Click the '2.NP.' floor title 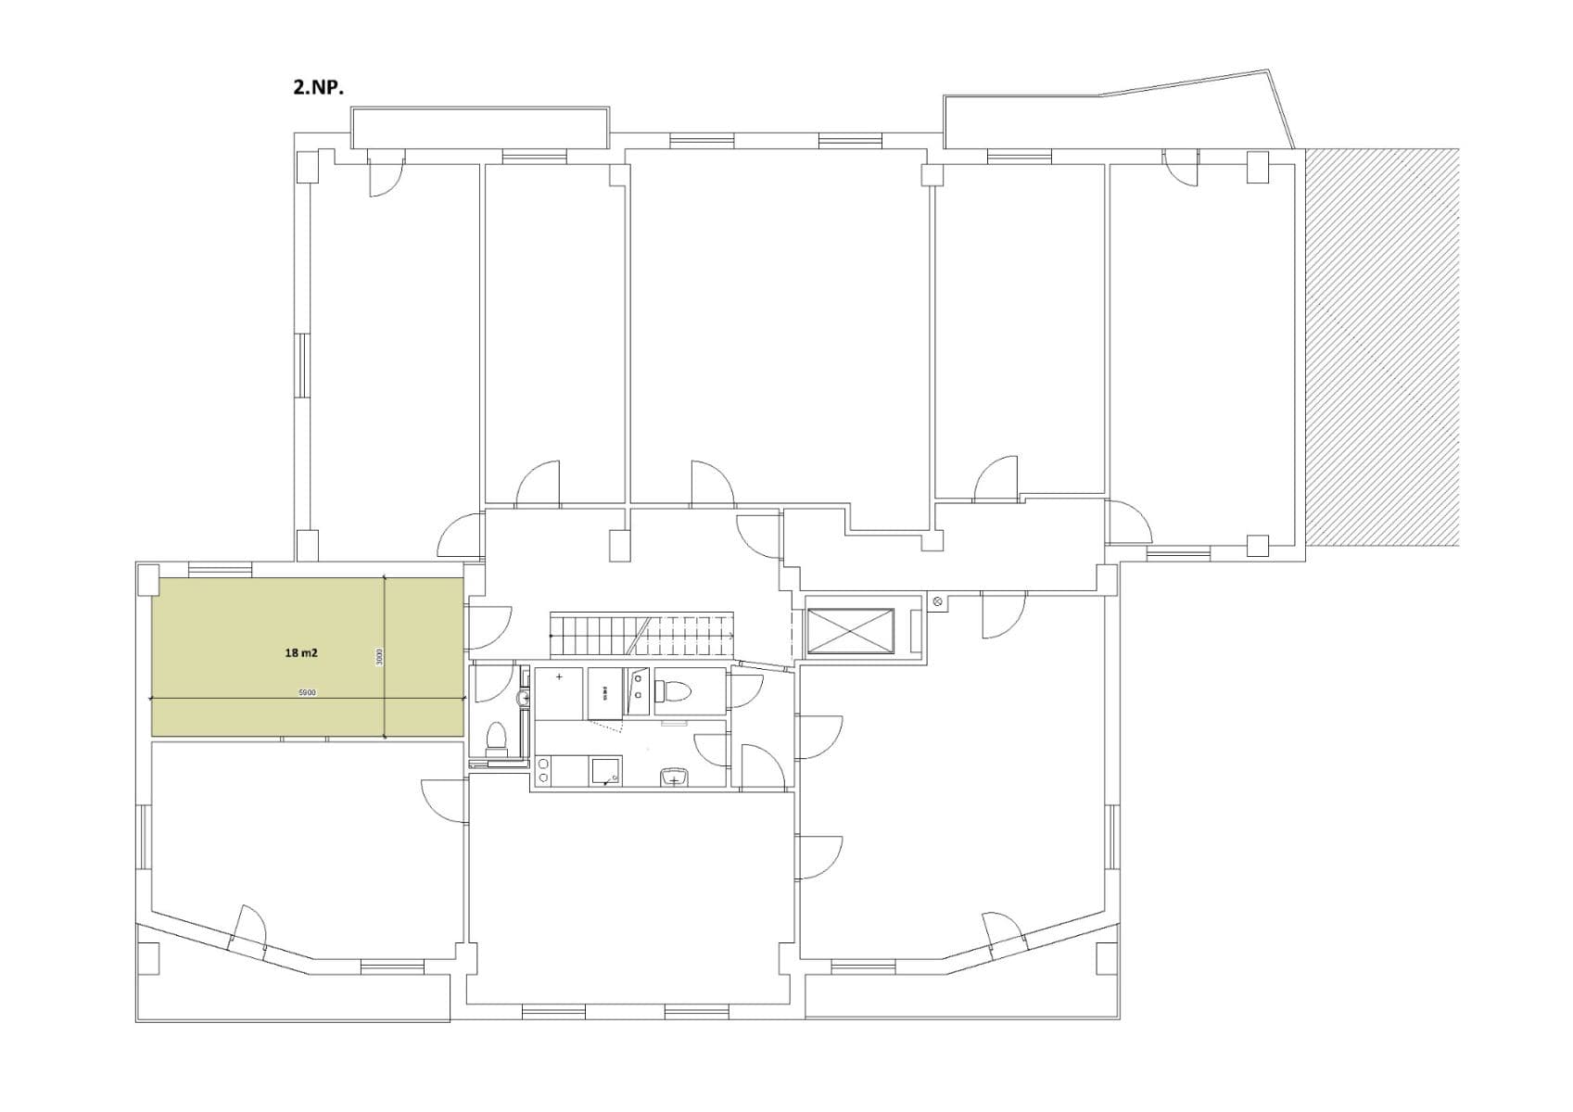(318, 89)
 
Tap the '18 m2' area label (301, 653)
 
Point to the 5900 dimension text (308, 692)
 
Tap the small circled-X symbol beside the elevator (937, 602)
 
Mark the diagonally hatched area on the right (1381, 347)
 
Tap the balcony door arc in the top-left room (385, 176)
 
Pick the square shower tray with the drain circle (606, 771)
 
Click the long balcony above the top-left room (479, 127)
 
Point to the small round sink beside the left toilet (523, 697)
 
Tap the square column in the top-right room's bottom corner (1257, 546)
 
